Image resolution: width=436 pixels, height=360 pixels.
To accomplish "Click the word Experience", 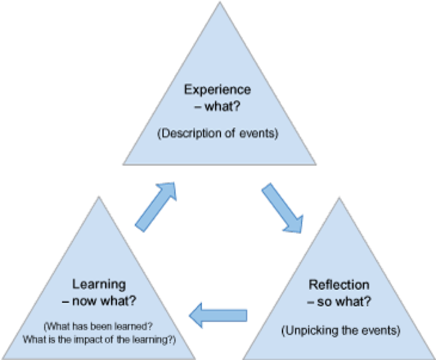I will pyautogui.click(x=218, y=90).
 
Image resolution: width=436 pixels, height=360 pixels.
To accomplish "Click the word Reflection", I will pyautogui.click(x=339, y=285).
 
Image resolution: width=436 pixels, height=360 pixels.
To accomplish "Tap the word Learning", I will pyautogui.click(x=99, y=284).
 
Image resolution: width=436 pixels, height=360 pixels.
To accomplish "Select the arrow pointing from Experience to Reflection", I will pyautogui.click(x=283, y=208).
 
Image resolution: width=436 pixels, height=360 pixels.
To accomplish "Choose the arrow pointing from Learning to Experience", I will pyautogui.click(x=156, y=205).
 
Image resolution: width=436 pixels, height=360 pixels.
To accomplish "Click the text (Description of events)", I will pyautogui.click(x=218, y=133).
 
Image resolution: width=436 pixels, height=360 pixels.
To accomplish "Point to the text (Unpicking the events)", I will pyautogui.click(x=340, y=330).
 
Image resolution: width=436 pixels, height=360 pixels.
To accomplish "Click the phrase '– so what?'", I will pyautogui.click(x=339, y=302).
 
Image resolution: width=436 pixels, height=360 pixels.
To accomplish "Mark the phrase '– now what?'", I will pyautogui.click(x=99, y=301).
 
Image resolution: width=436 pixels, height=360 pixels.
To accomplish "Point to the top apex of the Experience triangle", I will pyautogui.click(x=219, y=2).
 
